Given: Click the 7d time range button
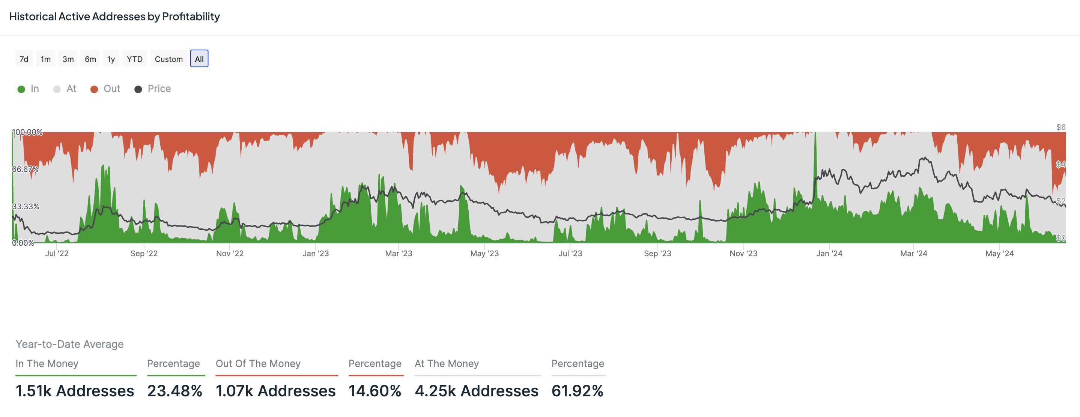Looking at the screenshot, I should [24, 59].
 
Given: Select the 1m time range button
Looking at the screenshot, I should [46, 59].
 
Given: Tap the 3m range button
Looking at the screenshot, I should [68, 59].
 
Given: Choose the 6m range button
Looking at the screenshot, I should [90, 59].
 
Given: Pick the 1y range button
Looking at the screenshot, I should [111, 59].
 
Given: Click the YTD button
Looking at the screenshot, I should [135, 59].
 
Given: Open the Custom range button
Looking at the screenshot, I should [168, 59].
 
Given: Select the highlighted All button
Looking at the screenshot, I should [199, 59].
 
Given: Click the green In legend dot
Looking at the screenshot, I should [21, 89].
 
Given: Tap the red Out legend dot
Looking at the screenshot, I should [94, 89].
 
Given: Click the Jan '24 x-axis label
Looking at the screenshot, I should [829, 253].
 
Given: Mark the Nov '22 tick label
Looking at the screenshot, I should [230, 253].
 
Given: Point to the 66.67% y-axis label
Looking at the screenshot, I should [25, 169].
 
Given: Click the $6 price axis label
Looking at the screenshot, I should [1060, 127].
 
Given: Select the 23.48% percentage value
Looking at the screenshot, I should [175, 391].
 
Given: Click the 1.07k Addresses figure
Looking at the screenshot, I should [275, 391].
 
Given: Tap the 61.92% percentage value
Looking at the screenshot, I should [577, 391].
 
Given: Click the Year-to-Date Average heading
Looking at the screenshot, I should [69, 344].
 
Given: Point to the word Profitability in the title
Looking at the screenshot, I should [191, 17].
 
